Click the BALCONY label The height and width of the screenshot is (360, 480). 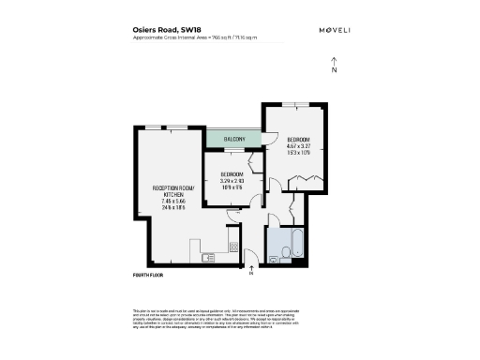tap(233, 140)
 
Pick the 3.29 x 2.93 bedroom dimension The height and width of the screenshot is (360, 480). tap(232, 181)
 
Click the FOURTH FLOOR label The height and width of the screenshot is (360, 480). tap(150, 276)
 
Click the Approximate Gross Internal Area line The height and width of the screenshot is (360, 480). tap(195, 37)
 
